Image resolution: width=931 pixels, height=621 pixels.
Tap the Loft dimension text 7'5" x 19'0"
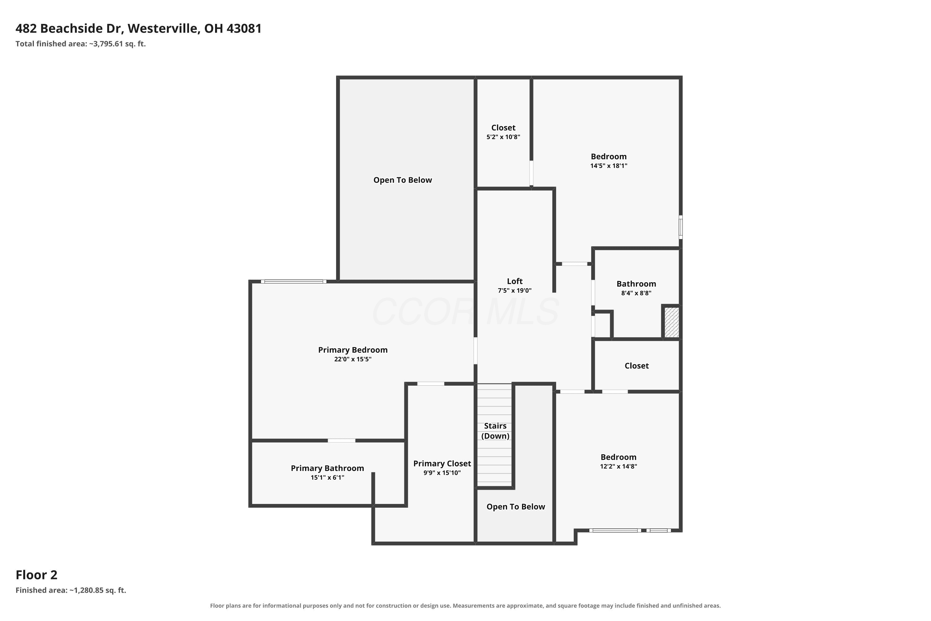click(x=515, y=290)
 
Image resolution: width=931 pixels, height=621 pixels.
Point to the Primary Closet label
click(x=442, y=463)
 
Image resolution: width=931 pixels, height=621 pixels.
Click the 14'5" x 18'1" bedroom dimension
click(x=609, y=165)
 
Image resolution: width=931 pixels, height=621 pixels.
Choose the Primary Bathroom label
click(x=327, y=468)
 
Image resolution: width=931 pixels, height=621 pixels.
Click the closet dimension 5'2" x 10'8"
click(x=503, y=137)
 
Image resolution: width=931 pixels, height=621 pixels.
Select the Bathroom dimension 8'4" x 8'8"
click(x=636, y=293)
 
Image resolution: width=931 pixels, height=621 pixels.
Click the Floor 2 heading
click(x=36, y=575)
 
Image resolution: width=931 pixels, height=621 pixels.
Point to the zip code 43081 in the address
click(x=244, y=29)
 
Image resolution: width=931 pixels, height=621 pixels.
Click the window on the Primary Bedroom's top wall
click(x=294, y=282)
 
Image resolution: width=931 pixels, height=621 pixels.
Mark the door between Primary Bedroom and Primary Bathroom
click(x=341, y=440)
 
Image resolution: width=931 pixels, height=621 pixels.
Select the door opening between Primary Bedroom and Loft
click(x=475, y=351)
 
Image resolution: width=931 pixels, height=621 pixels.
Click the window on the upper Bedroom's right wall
click(x=681, y=227)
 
